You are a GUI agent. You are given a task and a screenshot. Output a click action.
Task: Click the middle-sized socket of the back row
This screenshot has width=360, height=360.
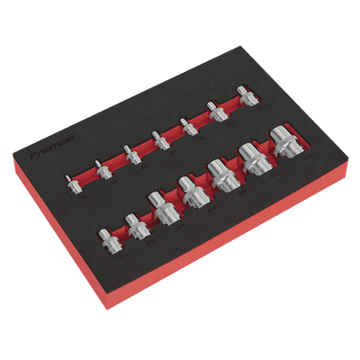159,140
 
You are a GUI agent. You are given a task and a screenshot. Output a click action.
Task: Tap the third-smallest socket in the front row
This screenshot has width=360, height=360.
165,211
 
